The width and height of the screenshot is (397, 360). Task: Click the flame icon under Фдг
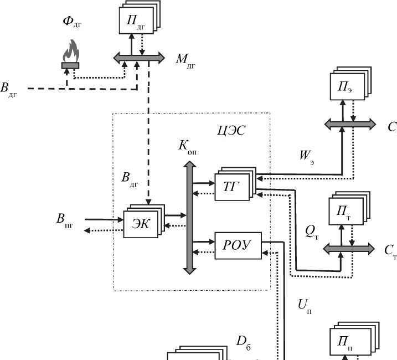coord(70,53)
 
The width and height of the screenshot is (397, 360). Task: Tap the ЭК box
coord(140,223)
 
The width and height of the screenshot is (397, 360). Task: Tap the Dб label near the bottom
coord(244,342)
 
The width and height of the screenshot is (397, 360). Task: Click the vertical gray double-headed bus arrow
coord(189,217)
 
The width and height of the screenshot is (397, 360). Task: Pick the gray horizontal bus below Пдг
coord(139,57)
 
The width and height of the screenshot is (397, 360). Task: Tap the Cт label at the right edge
coord(390,250)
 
